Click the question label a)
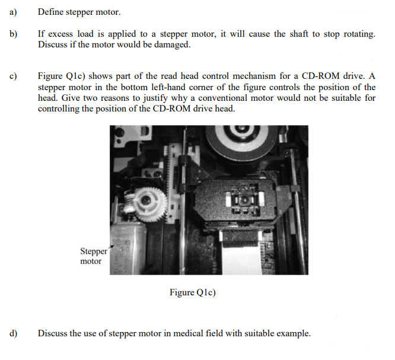tap(13, 12)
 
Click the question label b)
tap(14, 34)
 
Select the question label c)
tap(13, 76)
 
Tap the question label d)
tap(14, 333)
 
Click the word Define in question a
tap(50, 12)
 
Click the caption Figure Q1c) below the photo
tap(193, 292)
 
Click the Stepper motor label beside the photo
tap(94, 256)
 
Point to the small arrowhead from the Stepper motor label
tap(112, 246)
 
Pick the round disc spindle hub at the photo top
tap(241, 141)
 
